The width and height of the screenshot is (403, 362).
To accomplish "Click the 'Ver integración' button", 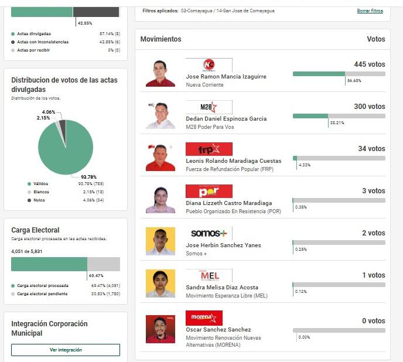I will point(66,350).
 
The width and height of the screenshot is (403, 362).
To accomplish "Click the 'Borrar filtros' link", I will point(370,11).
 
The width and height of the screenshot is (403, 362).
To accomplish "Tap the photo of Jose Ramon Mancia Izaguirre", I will point(160,73).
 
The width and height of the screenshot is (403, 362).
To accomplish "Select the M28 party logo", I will point(209,107).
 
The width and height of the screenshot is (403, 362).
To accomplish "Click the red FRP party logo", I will point(209,149).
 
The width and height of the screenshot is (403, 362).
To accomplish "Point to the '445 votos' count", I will point(369,64).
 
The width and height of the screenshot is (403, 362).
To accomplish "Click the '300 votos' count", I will point(369,107).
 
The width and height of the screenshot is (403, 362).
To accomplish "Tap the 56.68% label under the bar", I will point(354,81).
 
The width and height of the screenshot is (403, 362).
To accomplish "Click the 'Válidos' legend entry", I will point(41,184).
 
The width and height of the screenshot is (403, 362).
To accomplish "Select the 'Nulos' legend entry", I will point(39,200).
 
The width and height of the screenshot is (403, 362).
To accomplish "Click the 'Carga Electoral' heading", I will point(35,230).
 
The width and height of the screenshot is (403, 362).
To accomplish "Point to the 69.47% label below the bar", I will point(95,275).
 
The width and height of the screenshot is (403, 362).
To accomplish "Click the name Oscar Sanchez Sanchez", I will point(218,330).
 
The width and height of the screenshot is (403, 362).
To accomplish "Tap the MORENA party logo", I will point(204,318).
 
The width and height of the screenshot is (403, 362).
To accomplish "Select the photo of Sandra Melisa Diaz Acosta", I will point(160,284).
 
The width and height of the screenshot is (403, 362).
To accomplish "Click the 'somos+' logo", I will point(209,234).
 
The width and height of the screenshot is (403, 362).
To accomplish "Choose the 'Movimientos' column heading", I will point(160,39).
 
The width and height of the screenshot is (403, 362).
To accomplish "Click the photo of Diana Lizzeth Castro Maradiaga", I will point(160,199).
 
